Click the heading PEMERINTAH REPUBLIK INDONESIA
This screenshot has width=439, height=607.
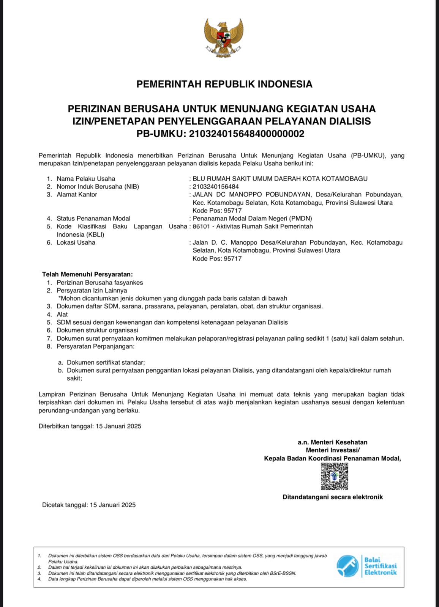click(x=224, y=84)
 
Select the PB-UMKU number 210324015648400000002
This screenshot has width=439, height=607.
click(x=246, y=134)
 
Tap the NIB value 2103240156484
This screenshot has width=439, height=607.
click(x=216, y=187)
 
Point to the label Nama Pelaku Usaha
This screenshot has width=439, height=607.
click(x=86, y=179)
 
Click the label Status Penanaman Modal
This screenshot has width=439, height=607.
click(x=93, y=219)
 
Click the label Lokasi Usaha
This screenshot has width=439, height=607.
click(x=76, y=242)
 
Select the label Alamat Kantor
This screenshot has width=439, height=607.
click(x=77, y=195)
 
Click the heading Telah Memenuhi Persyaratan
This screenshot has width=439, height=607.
click(x=87, y=274)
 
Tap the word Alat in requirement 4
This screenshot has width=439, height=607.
click(x=62, y=315)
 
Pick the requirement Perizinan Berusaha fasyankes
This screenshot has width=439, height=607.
click(x=100, y=283)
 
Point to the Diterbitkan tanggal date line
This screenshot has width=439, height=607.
click(x=90, y=426)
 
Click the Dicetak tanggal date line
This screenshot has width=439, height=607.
click(x=89, y=505)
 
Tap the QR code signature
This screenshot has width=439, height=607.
click(x=334, y=476)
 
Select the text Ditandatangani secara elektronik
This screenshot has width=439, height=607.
click(x=333, y=497)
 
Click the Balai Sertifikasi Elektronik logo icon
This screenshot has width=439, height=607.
click(x=347, y=566)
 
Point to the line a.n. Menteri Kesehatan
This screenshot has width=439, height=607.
click(x=332, y=442)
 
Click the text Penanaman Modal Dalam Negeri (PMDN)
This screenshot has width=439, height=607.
click(x=252, y=219)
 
